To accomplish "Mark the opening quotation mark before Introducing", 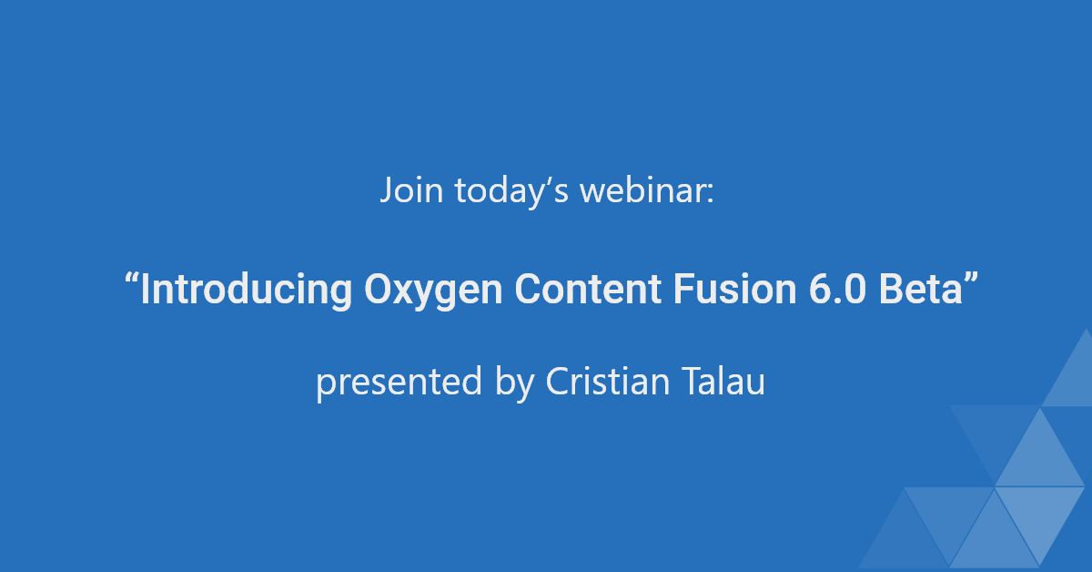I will pos(132,279).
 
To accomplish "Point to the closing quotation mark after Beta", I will pos(968,279).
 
